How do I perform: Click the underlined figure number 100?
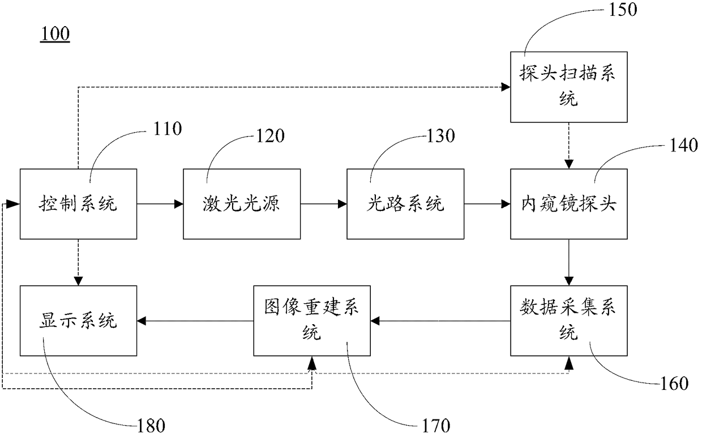55,34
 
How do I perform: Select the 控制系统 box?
78,204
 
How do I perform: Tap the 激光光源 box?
242,204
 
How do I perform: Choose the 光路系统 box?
405,204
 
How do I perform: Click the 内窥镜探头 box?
569,204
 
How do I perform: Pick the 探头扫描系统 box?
569,87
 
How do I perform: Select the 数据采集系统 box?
569,321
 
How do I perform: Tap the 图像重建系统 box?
312,321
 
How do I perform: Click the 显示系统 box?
78,321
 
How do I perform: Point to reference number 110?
168,129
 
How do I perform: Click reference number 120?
270,136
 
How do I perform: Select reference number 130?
440,136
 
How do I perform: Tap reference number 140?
683,145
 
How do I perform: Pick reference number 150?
623,9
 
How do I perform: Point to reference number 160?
674,383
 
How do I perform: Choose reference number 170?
436,426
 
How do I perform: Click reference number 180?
151,426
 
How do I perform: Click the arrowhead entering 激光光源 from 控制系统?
179,204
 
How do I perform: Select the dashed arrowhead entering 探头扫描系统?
506,87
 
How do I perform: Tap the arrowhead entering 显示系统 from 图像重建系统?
142,321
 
